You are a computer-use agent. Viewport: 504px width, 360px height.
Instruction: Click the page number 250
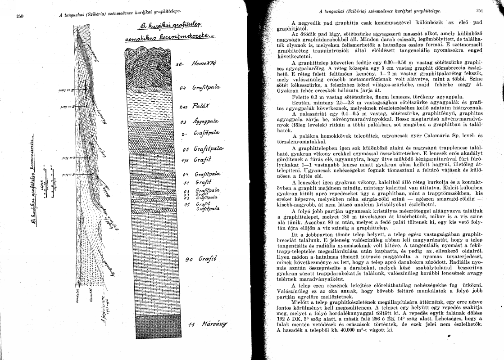point(19,16)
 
